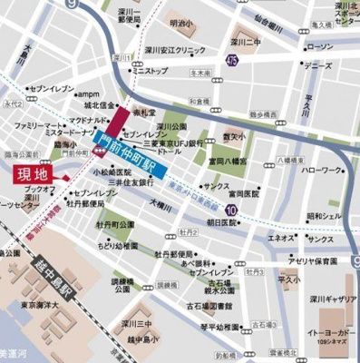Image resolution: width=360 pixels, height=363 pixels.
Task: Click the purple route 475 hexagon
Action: click(x=233, y=61)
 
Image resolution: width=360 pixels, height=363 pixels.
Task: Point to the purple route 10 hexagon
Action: click(x=234, y=211)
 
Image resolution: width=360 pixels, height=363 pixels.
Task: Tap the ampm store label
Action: click(x=88, y=93)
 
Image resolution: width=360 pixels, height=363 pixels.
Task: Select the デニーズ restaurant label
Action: click(x=317, y=66)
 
